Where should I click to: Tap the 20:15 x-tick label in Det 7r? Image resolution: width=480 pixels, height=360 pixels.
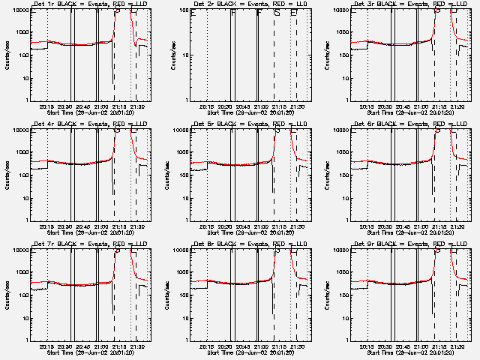click(46, 346)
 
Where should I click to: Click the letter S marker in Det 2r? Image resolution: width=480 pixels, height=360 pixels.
click(277, 13)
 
